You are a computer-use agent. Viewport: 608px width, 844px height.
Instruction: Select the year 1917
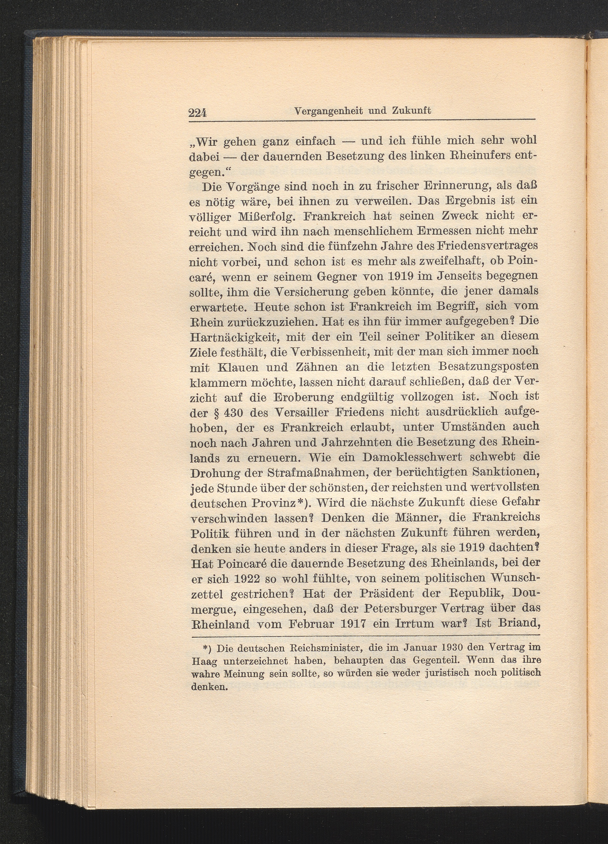[350, 623]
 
